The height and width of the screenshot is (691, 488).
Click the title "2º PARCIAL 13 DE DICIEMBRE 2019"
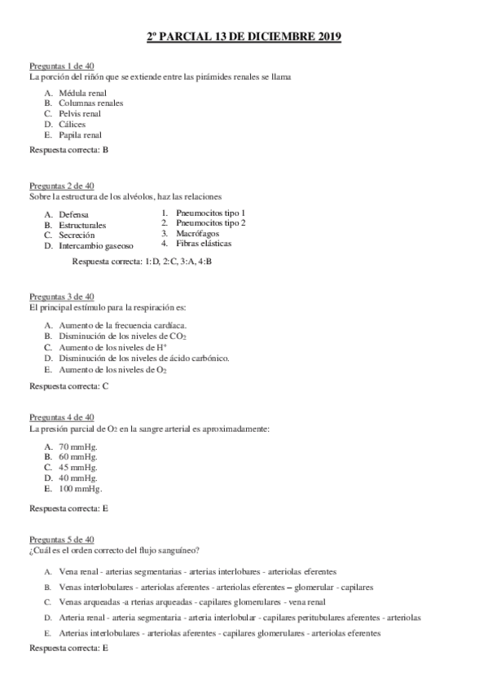click(244, 37)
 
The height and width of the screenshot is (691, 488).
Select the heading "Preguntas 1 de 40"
click(62, 66)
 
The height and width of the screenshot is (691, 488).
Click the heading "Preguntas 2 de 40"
click(62, 186)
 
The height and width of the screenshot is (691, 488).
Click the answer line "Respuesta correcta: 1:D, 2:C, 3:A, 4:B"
click(143, 262)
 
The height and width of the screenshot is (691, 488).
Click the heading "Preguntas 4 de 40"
click(62, 417)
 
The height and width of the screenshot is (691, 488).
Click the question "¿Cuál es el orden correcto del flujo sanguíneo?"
click(115, 550)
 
